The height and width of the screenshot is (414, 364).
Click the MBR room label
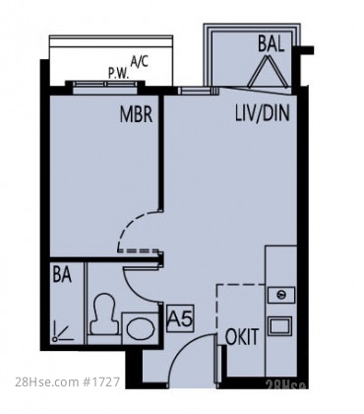[x=136, y=114]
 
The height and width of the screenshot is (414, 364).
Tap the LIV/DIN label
[x=263, y=113]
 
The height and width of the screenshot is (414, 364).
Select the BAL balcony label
[x=271, y=43]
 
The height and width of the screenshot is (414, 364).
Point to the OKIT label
[x=242, y=336]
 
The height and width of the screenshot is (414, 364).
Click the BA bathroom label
[x=62, y=274]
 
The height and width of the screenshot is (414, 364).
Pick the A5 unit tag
[x=180, y=318]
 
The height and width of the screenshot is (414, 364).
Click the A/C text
[x=140, y=61]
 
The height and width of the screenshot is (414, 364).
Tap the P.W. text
[x=119, y=74]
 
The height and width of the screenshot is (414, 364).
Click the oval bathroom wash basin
[x=141, y=328]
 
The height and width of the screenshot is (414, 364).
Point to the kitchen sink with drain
[x=281, y=295]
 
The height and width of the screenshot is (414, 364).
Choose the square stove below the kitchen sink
[x=280, y=325]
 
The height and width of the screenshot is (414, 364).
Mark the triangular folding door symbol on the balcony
[x=269, y=71]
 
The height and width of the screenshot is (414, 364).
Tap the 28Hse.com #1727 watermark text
[x=68, y=381]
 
